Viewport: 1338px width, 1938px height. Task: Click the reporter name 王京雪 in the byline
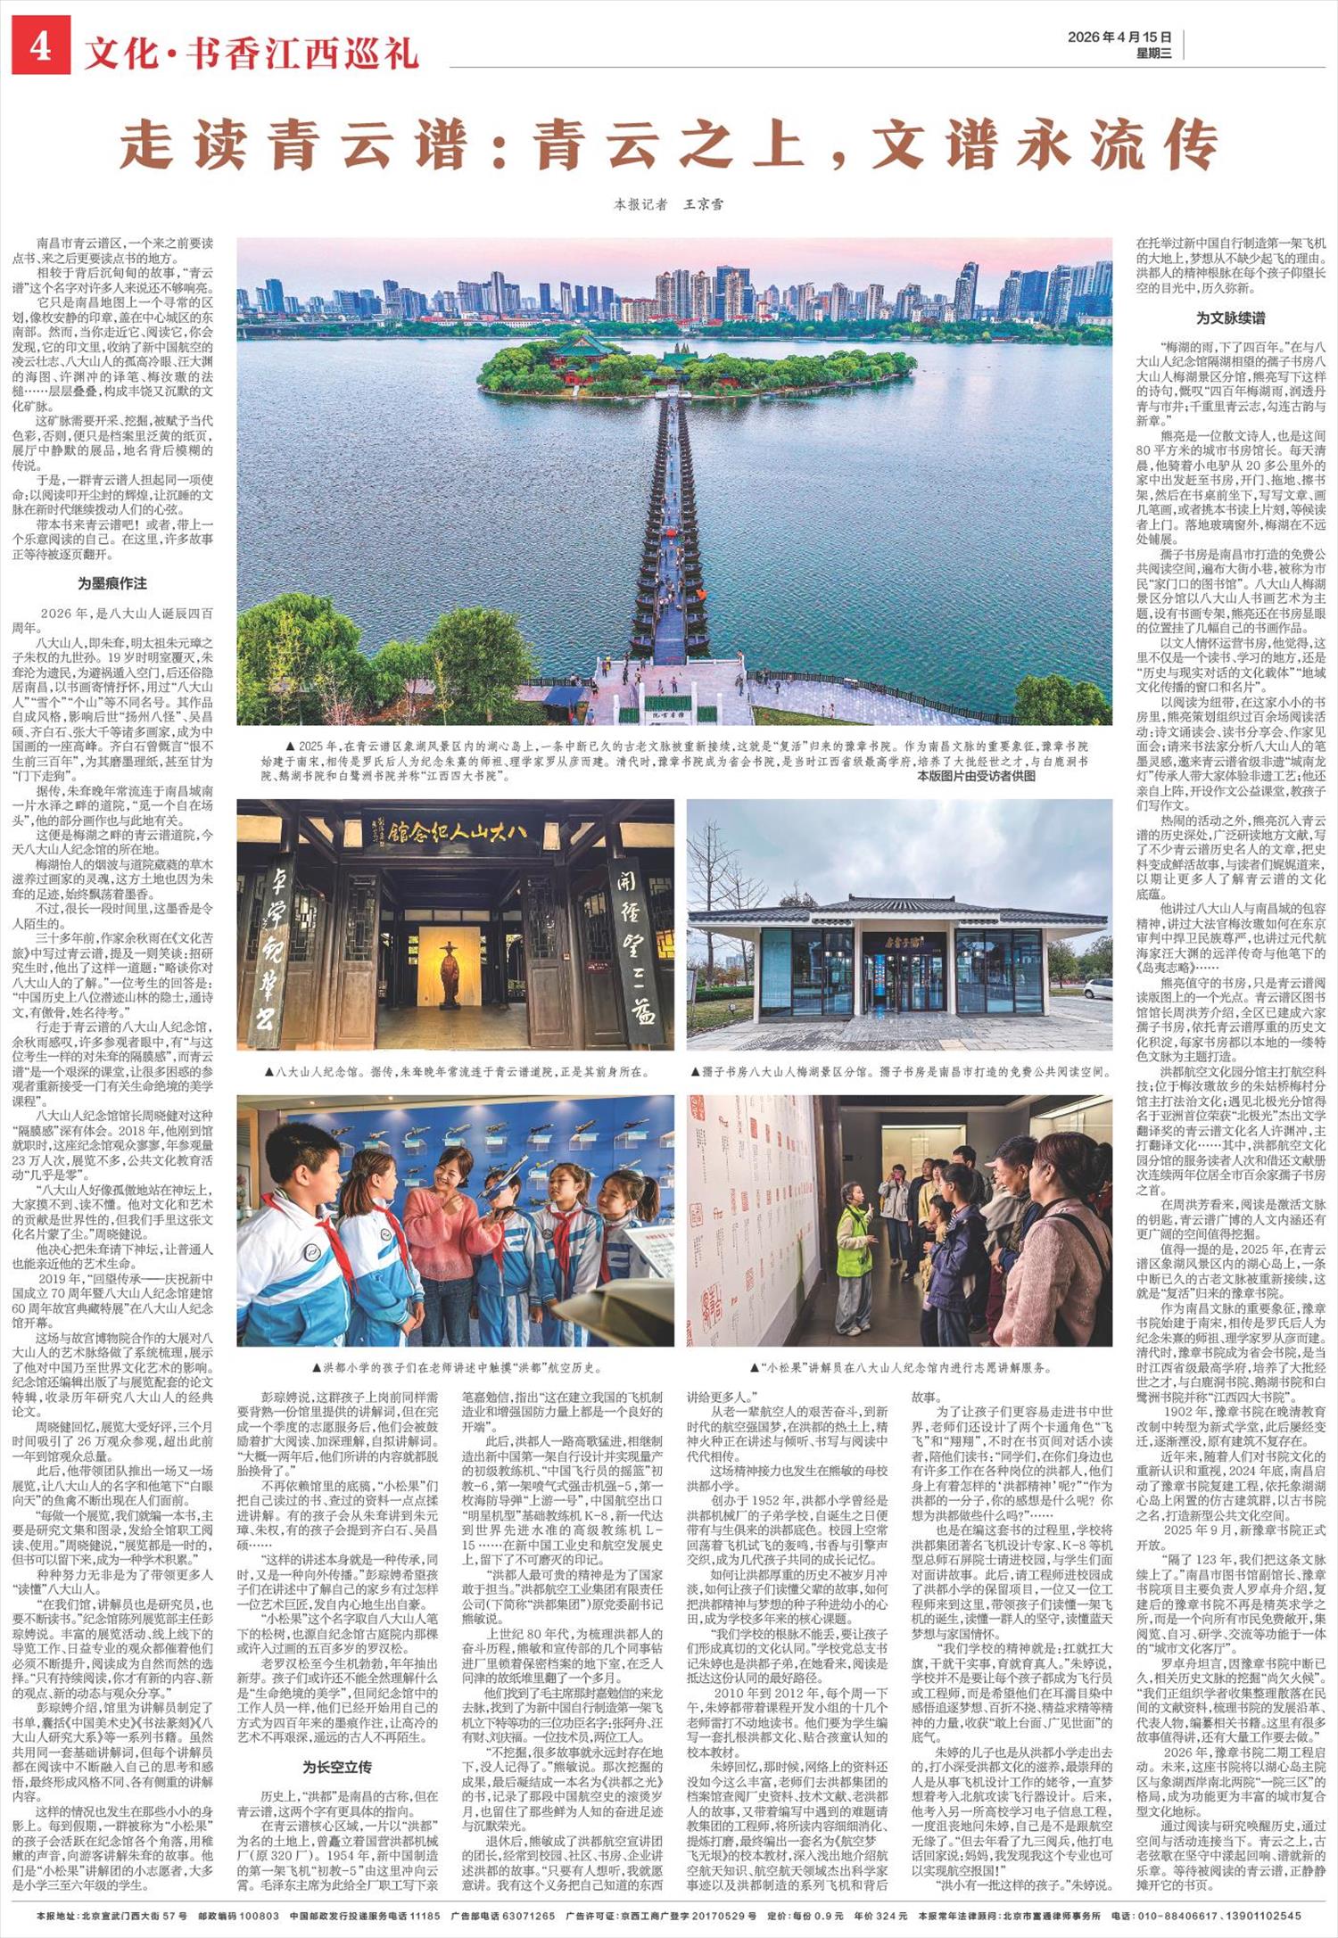click(x=704, y=204)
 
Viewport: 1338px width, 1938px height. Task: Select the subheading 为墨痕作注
click(x=111, y=583)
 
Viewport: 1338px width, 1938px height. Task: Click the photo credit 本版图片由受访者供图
click(x=976, y=776)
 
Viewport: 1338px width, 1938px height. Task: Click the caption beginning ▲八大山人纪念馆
click(x=456, y=1071)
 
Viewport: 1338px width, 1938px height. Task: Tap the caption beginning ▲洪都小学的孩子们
click(x=456, y=1367)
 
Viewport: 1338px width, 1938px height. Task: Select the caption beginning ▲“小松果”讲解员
click(x=899, y=1367)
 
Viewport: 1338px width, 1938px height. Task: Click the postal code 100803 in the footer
click(x=236, y=1916)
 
